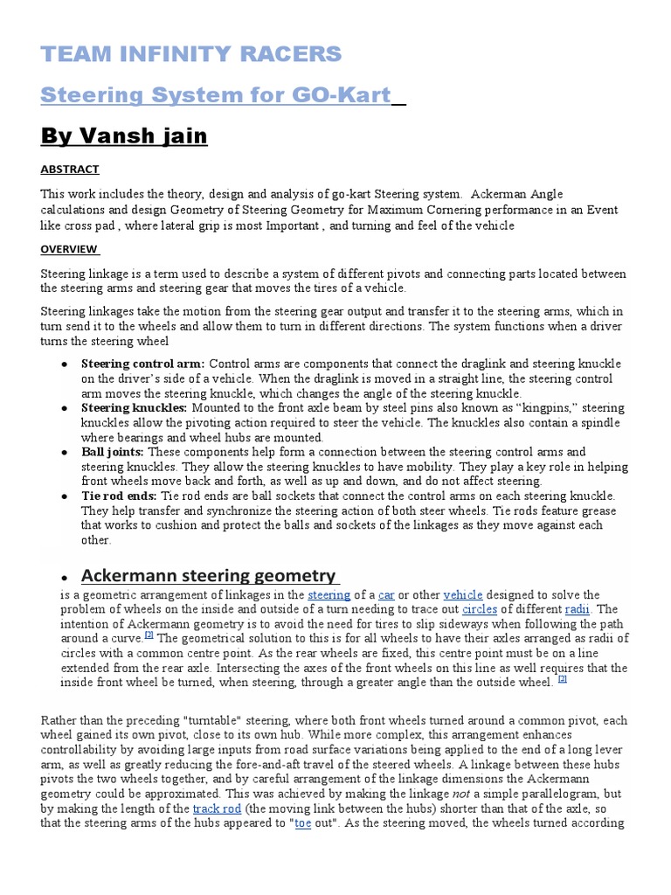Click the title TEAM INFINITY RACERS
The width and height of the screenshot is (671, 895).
191,54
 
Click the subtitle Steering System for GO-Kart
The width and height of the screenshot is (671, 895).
215,94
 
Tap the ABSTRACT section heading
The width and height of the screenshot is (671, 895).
70,170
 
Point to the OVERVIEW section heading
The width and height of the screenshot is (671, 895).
70,249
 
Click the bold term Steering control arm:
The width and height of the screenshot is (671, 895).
144,363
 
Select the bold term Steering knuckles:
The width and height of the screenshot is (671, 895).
135,407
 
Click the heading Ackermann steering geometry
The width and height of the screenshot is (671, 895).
208,575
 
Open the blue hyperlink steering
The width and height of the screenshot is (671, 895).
329,595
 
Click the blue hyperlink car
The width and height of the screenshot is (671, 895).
386,595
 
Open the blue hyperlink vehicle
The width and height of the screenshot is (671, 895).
463,595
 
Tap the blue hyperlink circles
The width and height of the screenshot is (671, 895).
480,609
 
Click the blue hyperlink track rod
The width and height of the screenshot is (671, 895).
218,809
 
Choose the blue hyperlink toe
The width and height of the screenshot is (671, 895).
303,823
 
